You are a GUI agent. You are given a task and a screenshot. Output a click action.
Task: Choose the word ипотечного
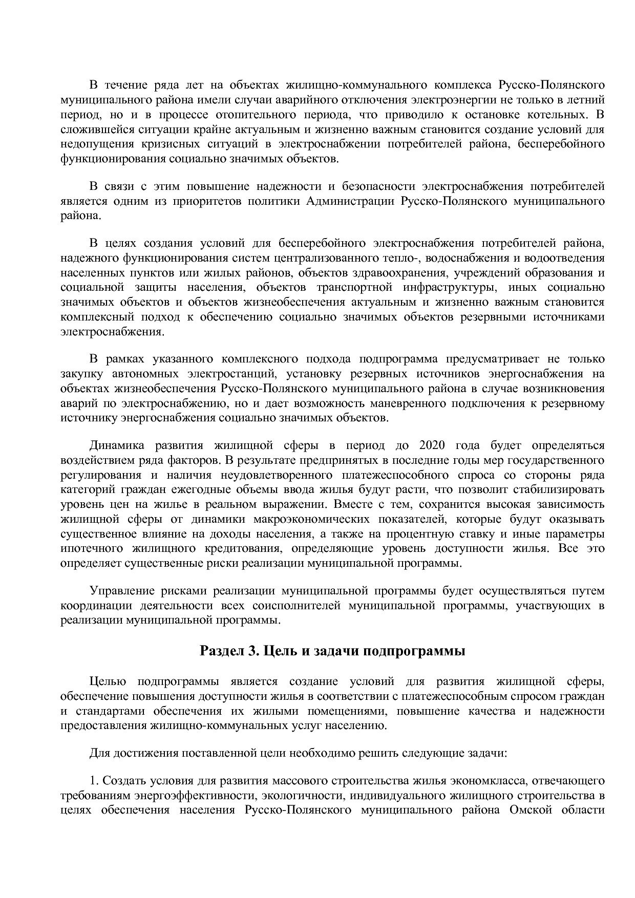[x=91, y=549]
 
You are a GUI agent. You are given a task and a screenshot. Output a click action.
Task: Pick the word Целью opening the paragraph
[x=108, y=681]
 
